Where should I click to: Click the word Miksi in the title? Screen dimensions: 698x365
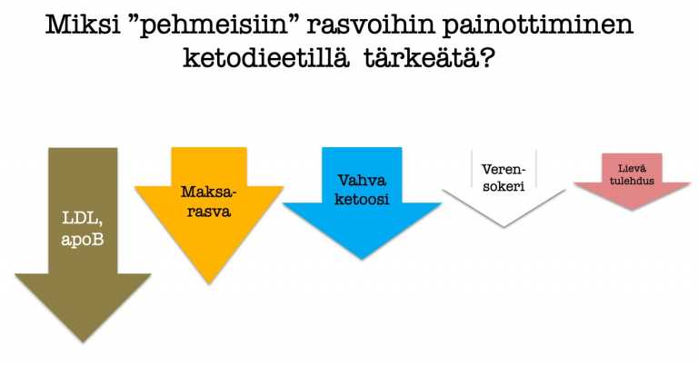pos(83,25)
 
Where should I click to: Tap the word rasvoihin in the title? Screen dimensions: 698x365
pos(370,25)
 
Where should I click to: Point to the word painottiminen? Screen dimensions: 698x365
pos(538,25)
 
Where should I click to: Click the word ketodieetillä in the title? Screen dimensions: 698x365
pos(266,58)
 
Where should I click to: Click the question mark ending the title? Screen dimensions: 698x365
pos(485,58)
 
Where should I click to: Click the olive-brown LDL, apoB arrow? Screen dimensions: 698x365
pos(83,240)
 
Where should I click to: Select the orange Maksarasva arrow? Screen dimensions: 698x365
pos(209,209)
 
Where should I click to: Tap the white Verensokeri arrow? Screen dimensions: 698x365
pos(504,187)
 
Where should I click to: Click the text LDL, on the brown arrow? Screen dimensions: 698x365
pos(83,219)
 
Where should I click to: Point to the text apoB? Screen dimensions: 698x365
pos(83,240)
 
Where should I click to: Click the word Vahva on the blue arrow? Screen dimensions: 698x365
pos(362,181)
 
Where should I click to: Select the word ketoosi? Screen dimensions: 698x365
pos(362,199)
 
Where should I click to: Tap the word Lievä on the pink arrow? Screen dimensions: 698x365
pos(633,169)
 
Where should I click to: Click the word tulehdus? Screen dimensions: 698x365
pos(633,181)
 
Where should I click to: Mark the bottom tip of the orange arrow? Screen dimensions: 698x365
pos(209,283)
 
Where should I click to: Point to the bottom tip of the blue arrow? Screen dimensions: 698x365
pos(362,259)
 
